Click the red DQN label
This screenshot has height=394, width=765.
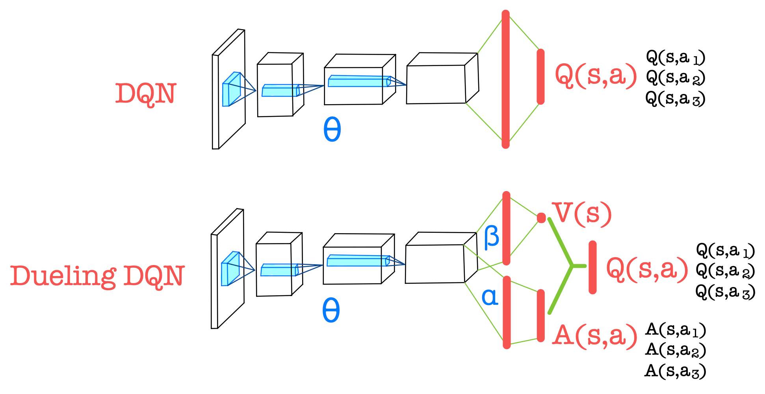(x=145, y=94)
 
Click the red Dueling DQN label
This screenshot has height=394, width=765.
(x=97, y=276)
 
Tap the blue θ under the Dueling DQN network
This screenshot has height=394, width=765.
(x=331, y=310)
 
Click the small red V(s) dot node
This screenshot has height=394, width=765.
(x=541, y=217)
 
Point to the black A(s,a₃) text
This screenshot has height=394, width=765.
(x=675, y=371)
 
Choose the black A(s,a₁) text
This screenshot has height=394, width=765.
(x=675, y=330)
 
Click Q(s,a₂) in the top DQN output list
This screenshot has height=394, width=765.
(x=675, y=77)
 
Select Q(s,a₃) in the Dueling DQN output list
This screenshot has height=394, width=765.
(x=725, y=292)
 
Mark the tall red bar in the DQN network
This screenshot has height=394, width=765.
(x=506, y=79)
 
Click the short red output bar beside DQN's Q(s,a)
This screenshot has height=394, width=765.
(x=540, y=77)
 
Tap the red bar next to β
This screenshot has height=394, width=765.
(x=507, y=228)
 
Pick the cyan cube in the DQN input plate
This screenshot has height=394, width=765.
(x=231, y=89)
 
